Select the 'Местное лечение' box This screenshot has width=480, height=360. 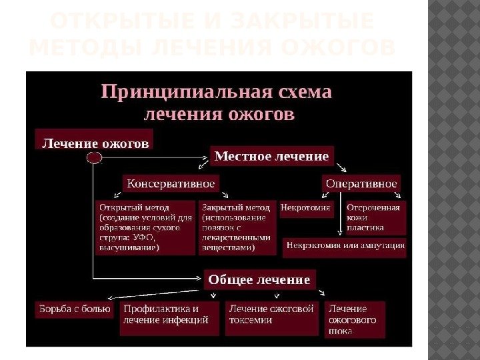(271, 156)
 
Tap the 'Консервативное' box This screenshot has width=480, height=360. (171, 183)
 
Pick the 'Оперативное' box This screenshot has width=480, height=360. (361, 183)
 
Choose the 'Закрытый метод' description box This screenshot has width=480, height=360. (237, 227)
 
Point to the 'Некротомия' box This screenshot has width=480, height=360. (306, 207)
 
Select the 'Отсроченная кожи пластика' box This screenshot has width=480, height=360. (375, 217)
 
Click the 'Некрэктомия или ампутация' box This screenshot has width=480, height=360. (345, 245)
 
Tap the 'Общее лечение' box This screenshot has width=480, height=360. (259, 279)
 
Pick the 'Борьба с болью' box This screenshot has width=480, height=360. (74, 309)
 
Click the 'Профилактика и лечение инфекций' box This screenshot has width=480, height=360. (170, 315)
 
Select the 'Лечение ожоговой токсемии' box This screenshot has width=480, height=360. (271, 315)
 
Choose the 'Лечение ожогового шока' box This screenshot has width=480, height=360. (355, 319)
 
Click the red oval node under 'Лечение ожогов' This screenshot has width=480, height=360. (94, 157)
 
